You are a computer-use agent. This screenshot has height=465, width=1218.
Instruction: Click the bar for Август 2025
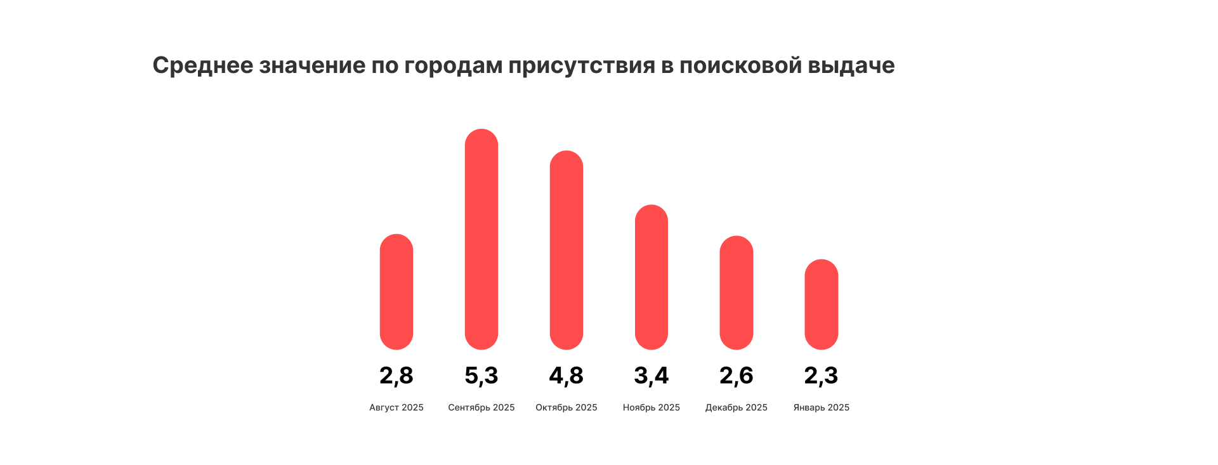(396, 292)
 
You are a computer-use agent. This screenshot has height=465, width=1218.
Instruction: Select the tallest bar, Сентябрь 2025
(481, 239)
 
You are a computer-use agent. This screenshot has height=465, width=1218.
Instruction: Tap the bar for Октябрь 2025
(566, 250)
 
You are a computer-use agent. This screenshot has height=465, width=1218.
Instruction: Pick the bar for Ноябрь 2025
(652, 277)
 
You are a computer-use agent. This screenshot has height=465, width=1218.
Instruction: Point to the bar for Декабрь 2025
(737, 292)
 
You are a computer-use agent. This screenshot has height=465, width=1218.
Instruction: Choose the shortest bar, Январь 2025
(822, 305)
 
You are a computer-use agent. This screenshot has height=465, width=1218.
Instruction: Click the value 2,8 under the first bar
(396, 376)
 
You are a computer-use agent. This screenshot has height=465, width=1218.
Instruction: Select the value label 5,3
(481, 376)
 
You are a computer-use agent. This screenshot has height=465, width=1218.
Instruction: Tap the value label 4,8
(566, 376)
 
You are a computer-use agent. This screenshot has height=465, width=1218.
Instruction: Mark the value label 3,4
(652, 376)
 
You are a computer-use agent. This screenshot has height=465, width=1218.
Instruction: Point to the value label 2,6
(737, 376)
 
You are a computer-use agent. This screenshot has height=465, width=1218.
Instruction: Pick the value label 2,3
(822, 376)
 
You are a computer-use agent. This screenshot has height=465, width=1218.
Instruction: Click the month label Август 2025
(396, 407)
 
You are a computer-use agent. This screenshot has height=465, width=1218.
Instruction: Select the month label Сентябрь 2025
(481, 407)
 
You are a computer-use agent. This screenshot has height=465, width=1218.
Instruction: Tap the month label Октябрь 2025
(566, 407)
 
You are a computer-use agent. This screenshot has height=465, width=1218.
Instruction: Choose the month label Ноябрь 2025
(652, 407)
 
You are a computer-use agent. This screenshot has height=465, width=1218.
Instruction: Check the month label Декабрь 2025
(737, 407)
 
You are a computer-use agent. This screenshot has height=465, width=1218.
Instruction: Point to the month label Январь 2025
(822, 407)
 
